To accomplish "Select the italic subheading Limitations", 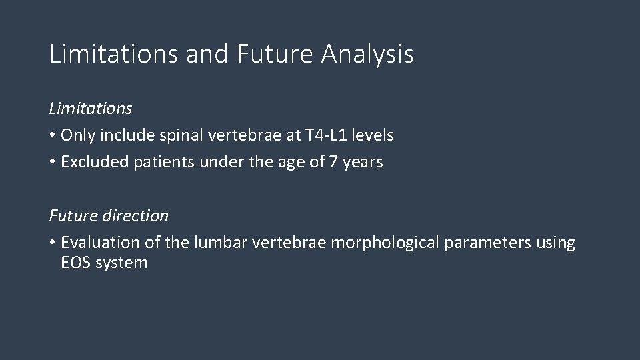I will click(91, 108).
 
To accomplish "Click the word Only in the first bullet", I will click(77, 135).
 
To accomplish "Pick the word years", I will click(364, 162).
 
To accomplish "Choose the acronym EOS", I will click(75, 263).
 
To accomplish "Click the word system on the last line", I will click(121, 263).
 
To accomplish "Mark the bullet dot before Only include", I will click(53, 136).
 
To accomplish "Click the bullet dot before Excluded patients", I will click(53, 163).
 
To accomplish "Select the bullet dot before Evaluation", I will click(53, 243).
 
